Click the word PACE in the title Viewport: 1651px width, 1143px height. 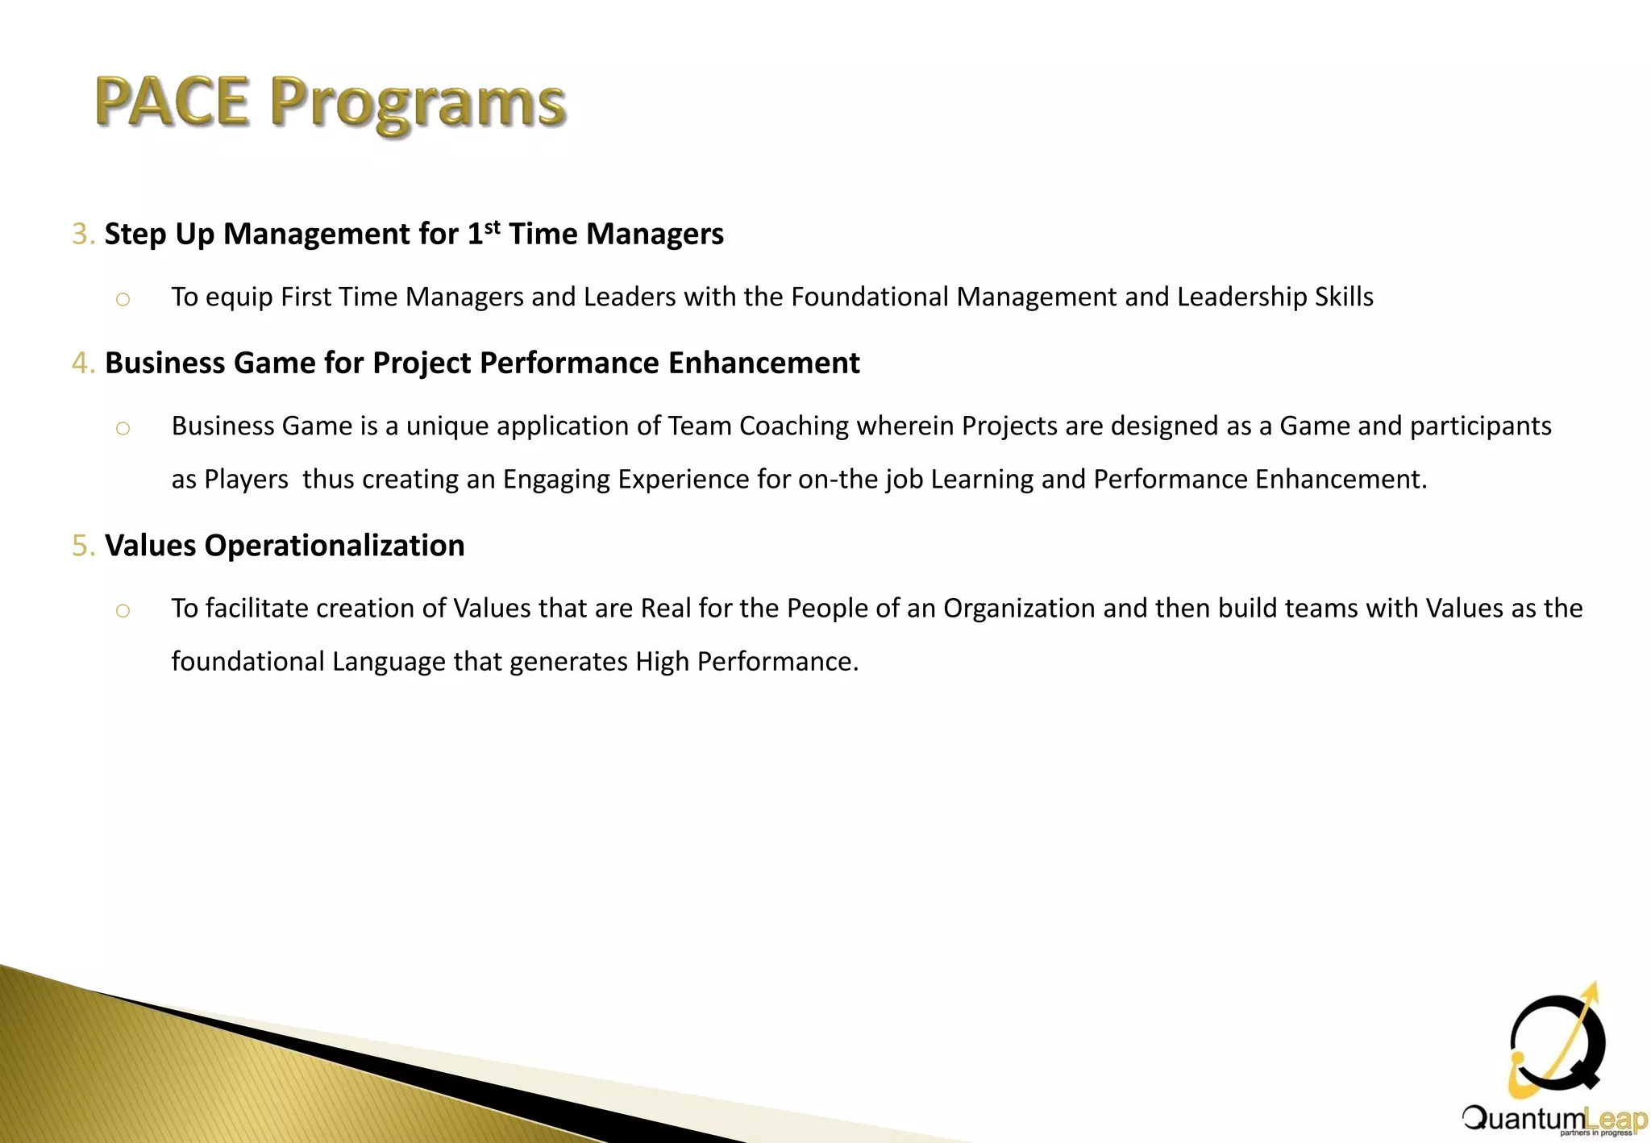click(172, 102)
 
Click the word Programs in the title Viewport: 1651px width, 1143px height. click(418, 105)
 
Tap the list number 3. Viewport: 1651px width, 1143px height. click(81, 234)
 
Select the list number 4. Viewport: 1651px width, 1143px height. click(81, 363)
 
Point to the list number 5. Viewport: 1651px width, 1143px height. click(81, 546)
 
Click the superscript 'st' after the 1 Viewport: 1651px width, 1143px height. click(492, 226)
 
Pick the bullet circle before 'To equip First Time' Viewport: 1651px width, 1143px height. click(123, 300)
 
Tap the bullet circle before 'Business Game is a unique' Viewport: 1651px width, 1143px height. click(123, 429)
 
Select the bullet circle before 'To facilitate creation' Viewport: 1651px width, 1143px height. click(123, 611)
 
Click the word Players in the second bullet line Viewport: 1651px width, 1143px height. click(246, 480)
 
